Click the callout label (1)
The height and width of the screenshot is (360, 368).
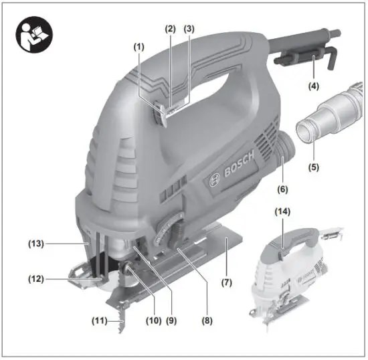139,48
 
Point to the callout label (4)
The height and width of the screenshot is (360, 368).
312,86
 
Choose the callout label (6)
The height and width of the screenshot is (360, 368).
282,189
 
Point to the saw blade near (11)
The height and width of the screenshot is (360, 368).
120,314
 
